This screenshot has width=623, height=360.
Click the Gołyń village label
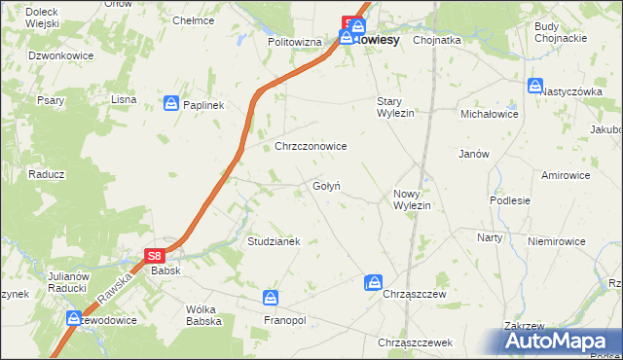click(x=325, y=186)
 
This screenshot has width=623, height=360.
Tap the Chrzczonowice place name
click(x=311, y=146)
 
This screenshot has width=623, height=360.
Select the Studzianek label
click(x=274, y=240)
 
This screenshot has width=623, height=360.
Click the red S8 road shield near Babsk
click(x=155, y=256)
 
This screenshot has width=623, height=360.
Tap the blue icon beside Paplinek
click(x=171, y=102)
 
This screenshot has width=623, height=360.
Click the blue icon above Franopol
click(x=272, y=298)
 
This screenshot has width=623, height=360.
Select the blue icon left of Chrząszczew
click(x=373, y=283)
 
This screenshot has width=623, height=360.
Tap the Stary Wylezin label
click(x=395, y=107)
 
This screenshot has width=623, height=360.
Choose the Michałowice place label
click(x=489, y=114)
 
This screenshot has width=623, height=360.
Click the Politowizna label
click(x=294, y=43)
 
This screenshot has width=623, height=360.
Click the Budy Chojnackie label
click(x=559, y=32)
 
